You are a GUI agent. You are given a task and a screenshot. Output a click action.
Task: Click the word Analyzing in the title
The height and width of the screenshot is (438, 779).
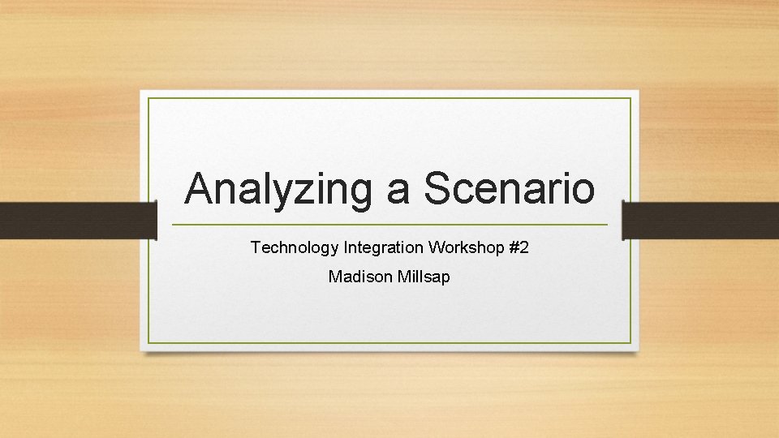pos(278,189)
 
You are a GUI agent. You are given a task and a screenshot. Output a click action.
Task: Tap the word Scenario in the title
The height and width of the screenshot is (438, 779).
pos(510,189)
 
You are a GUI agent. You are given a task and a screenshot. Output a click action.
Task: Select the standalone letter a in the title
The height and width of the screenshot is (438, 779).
pos(398,191)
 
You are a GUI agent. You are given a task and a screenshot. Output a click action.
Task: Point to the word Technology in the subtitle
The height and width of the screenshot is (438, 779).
pos(295,247)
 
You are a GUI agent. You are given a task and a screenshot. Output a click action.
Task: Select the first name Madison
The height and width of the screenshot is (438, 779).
pos(361,277)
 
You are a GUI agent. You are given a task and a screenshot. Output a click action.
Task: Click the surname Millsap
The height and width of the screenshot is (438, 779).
pos(424,277)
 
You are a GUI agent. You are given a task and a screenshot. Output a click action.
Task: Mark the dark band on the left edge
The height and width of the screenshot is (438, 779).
pos(77,221)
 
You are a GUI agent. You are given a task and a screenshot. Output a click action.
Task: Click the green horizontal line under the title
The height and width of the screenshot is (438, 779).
pos(389,225)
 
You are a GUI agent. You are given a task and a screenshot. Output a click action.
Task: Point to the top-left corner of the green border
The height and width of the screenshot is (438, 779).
pos(148,98)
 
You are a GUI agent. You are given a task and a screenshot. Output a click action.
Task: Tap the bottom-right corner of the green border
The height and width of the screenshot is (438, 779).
pos(631,342)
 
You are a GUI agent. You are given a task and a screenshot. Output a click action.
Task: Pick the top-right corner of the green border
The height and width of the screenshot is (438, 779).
pos(631,98)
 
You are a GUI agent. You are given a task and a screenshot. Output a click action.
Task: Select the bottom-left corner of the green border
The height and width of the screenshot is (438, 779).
pos(148,342)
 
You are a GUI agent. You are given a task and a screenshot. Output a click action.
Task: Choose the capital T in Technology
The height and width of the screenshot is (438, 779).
pos(256,247)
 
